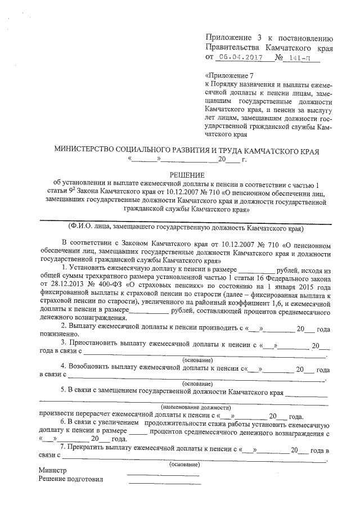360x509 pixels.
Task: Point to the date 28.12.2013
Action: pyautogui.click(x=57, y=286)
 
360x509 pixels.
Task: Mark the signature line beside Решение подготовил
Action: pyautogui.click(x=163, y=483)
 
